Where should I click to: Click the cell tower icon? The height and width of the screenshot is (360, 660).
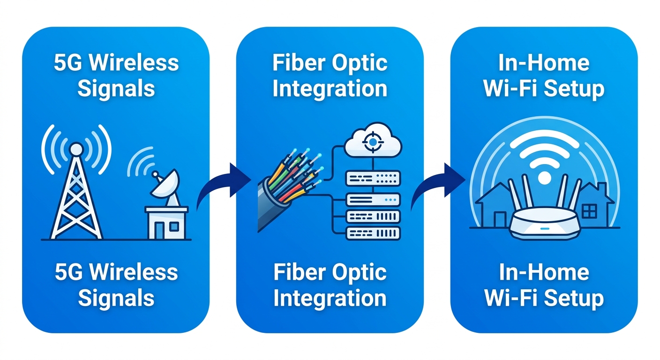[x=76, y=197]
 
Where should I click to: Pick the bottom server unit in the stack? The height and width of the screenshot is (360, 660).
[x=373, y=232]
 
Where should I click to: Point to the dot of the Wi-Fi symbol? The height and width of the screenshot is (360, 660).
[x=544, y=177]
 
